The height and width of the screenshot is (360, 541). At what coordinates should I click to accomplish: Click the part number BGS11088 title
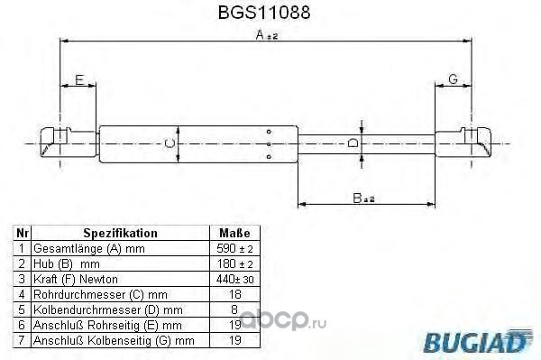[x=264, y=13]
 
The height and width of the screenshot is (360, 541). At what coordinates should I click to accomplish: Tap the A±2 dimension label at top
[x=267, y=34]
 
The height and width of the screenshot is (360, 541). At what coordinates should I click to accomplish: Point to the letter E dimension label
[x=79, y=79]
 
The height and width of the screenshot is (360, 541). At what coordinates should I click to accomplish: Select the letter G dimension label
[x=453, y=79]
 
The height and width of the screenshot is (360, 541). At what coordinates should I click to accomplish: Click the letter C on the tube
[x=170, y=143]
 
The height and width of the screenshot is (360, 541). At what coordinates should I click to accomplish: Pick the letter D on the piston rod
[x=353, y=143]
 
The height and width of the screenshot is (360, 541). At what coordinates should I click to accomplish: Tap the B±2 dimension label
[x=363, y=198]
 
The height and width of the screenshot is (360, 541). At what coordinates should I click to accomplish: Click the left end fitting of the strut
[x=69, y=143]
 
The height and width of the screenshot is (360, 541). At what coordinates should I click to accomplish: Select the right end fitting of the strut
[x=463, y=143]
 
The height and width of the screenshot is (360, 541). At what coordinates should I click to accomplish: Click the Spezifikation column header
[x=120, y=233]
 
